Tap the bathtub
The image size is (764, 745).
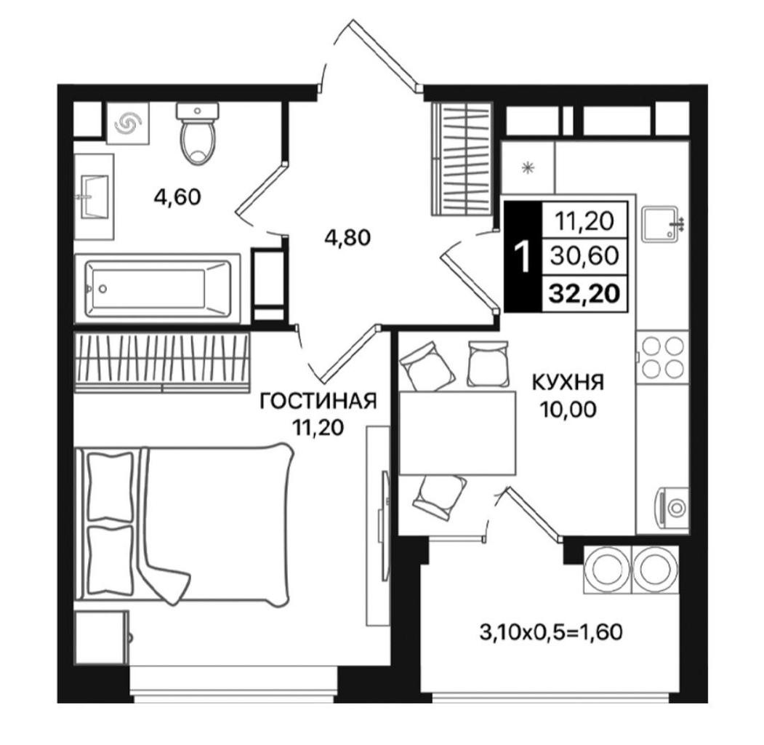coord(158,289)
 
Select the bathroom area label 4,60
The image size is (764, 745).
coord(177,197)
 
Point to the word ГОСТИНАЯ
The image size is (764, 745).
coord(318,401)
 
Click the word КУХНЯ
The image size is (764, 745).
coord(568,383)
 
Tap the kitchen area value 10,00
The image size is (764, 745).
coord(567,410)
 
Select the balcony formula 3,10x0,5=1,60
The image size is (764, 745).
coord(551,633)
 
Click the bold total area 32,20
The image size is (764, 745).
coord(584,293)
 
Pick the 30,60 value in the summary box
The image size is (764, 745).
coord(584,255)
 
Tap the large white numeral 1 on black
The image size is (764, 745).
coord(523,257)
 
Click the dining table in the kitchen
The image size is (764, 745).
coord(457,433)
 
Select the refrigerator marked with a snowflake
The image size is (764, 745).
coord(528,167)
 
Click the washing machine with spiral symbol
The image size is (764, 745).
coord(129,124)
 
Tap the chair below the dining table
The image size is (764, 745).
coord(438,495)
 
